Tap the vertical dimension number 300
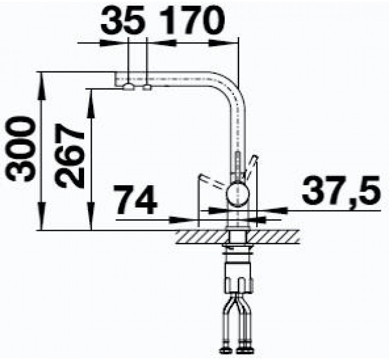pos(21,149)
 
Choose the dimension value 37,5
pos(341,189)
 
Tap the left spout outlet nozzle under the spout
pos(129,87)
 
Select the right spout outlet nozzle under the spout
pos(147,87)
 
